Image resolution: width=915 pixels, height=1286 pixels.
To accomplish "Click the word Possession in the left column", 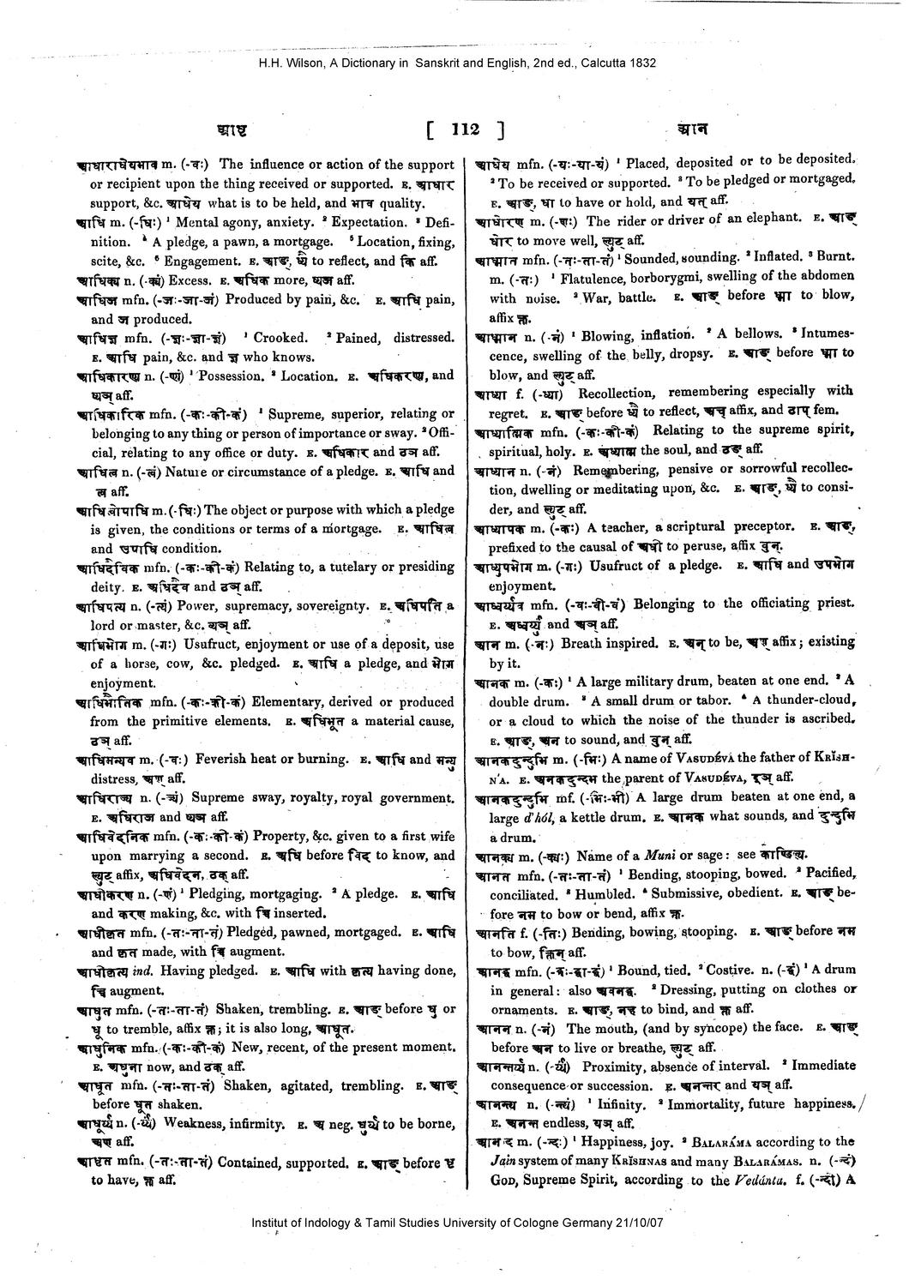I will [x=226, y=376].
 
